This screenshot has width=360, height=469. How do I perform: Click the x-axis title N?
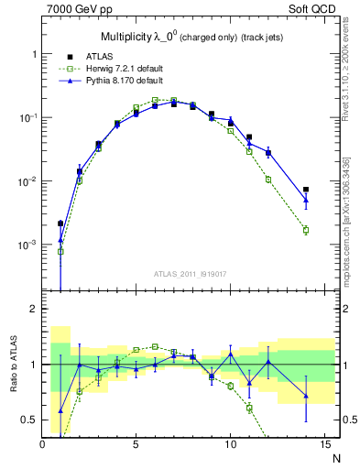[x=335, y=457]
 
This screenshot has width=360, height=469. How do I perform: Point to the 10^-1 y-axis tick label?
[x=28, y=118]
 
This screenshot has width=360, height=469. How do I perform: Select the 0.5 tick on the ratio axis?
[x=31, y=420]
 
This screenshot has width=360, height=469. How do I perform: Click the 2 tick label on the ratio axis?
[x=35, y=310]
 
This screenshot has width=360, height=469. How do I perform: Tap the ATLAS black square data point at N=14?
[x=306, y=190]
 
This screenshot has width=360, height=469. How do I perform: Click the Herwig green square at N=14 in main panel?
[x=306, y=230]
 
